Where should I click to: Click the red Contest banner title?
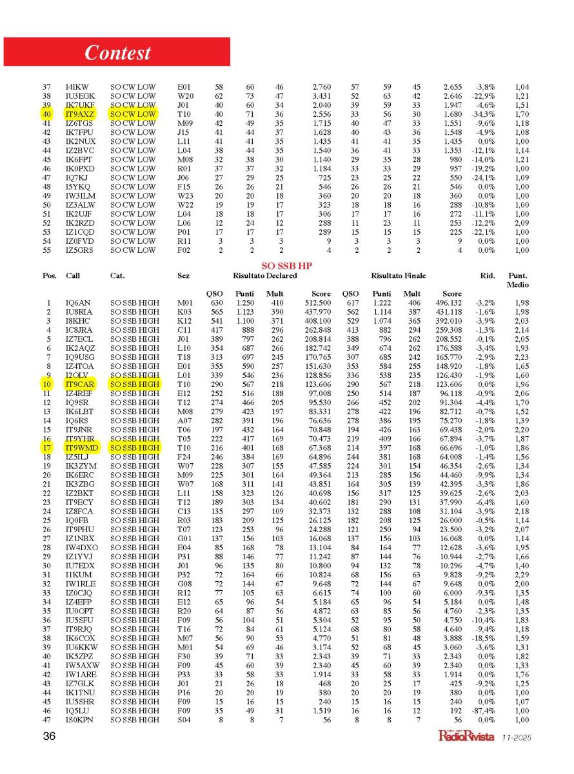click(x=117, y=52)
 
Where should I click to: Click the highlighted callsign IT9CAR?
click(x=79, y=383)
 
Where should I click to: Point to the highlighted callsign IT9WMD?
click(x=81, y=447)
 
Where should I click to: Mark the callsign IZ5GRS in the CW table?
click(x=79, y=250)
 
